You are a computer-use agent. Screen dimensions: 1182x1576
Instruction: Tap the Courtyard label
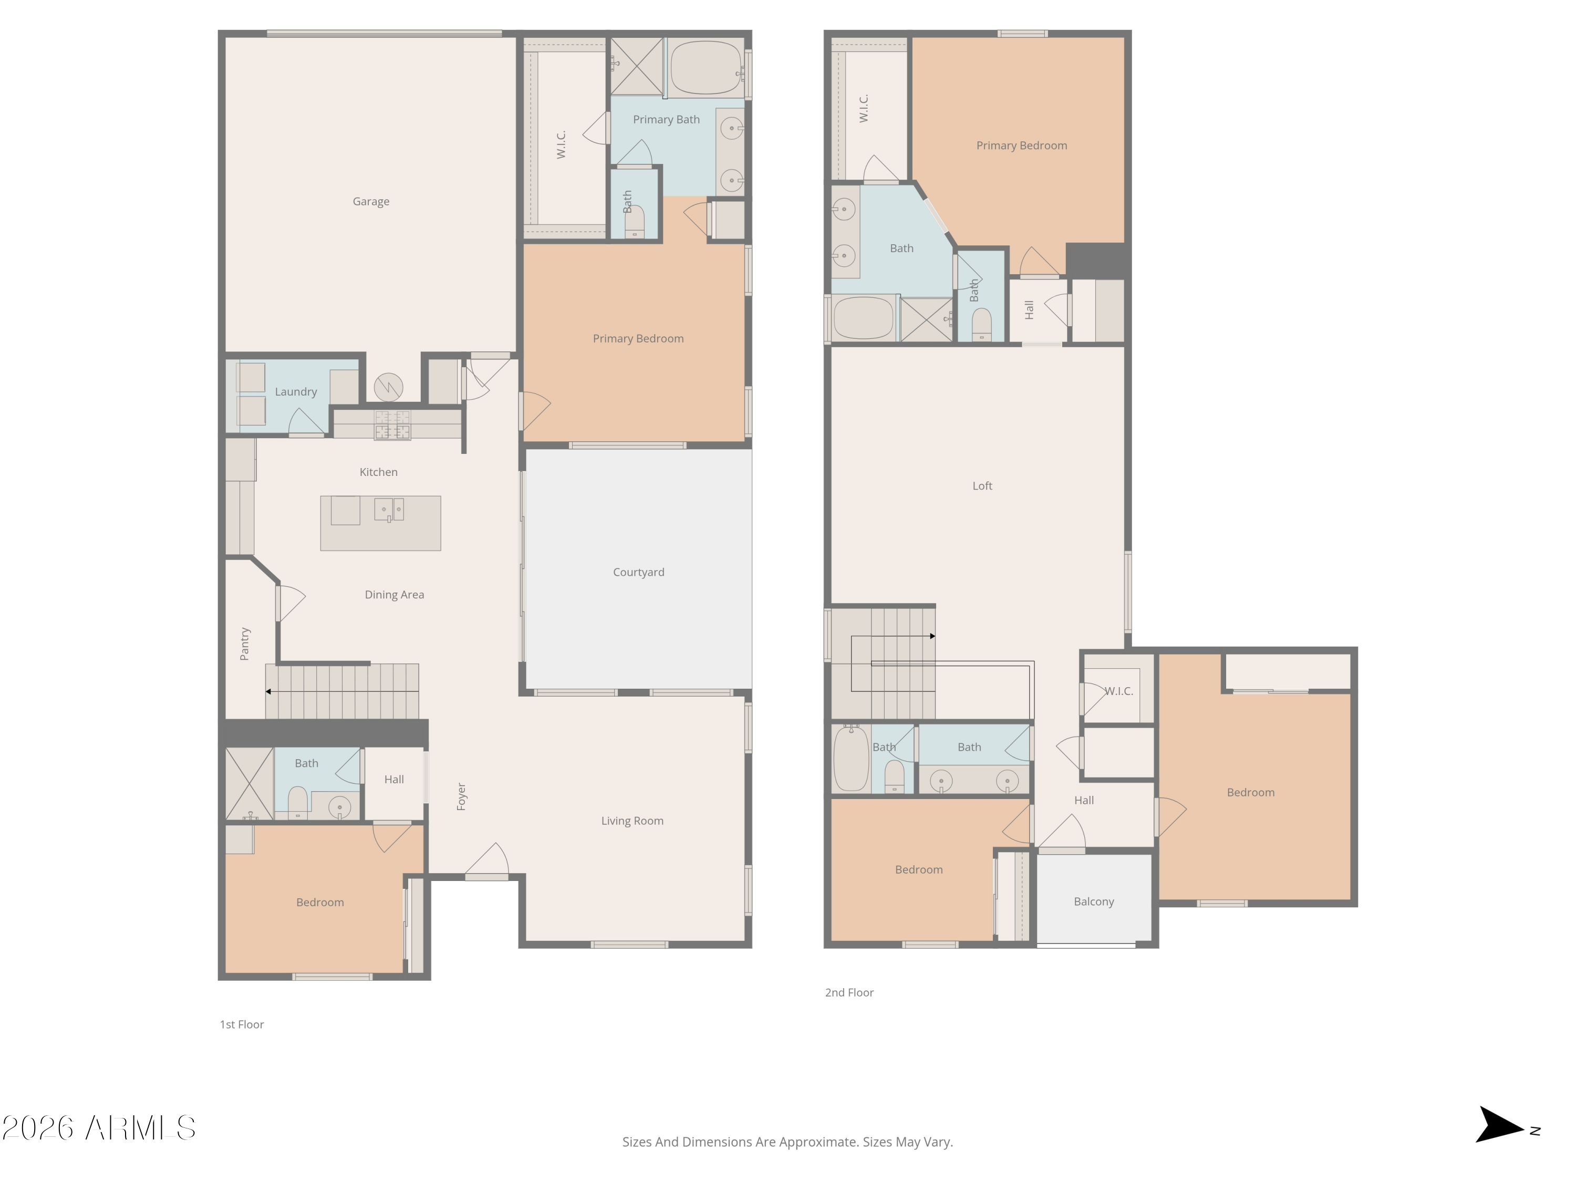point(638,572)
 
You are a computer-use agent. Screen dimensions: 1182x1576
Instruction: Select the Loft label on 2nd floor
point(982,486)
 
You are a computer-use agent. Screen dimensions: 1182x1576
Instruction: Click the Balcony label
point(1094,901)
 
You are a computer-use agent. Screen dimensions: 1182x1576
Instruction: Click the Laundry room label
point(296,392)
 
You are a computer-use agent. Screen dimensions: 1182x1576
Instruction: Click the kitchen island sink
point(389,510)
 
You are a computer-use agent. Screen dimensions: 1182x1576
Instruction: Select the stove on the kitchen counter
point(392,424)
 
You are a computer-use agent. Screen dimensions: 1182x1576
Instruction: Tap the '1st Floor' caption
point(242,1024)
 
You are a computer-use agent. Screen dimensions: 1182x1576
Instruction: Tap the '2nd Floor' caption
point(848,992)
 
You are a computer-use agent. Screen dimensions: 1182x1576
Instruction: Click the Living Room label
point(632,821)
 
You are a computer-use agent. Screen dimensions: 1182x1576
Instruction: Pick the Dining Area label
point(394,595)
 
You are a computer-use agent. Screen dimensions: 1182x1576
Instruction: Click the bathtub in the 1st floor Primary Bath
point(706,68)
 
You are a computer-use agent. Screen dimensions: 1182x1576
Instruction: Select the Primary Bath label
point(666,120)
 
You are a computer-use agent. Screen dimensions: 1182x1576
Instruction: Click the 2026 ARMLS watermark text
point(98,1128)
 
